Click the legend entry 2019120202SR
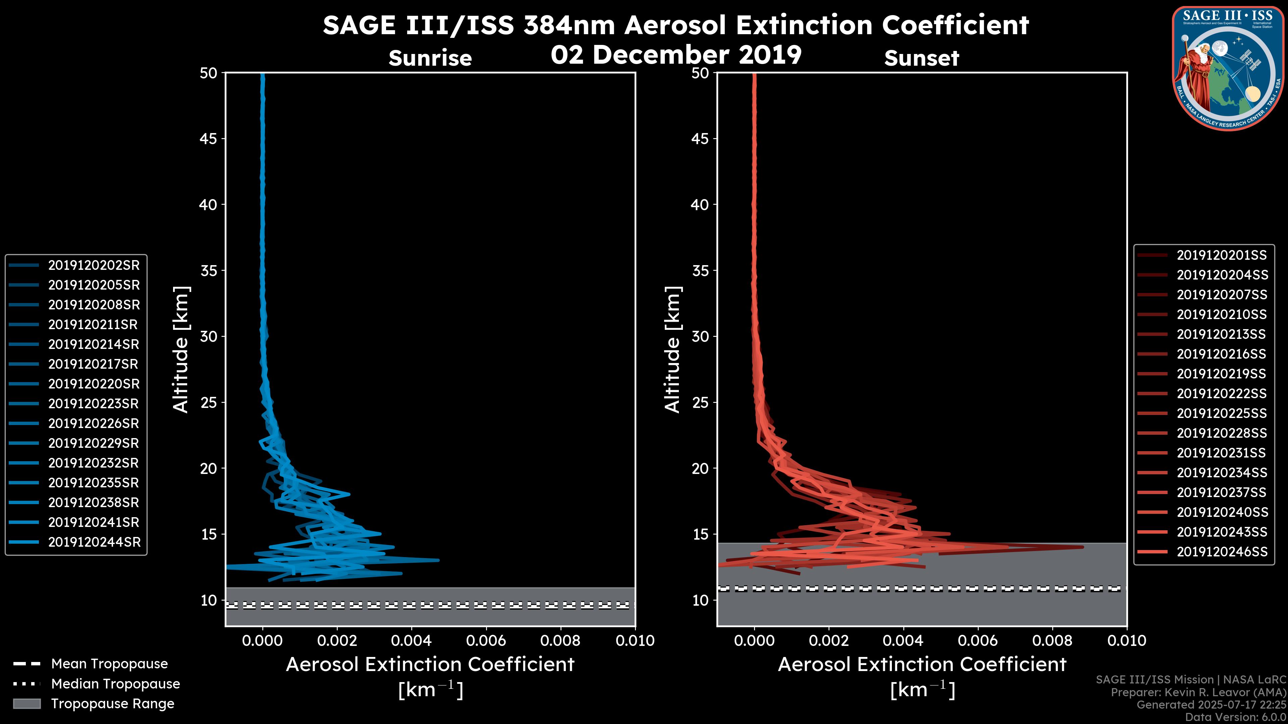pyautogui.click(x=94, y=265)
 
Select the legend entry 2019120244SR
pyautogui.click(x=94, y=542)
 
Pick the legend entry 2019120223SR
pyautogui.click(x=94, y=404)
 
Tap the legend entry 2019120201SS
pyautogui.click(x=1222, y=255)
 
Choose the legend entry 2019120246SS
pyautogui.click(x=1222, y=552)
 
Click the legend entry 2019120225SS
pyautogui.click(x=1222, y=414)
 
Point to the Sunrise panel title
pyautogui.click(x=430, y=58)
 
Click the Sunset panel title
pyautogui.click(x=921, y=58)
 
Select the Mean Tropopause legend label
pyautogui.click(x=109, y=664)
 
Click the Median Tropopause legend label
pyautogui.click(x=115, y=684)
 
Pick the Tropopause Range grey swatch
pyautogui.click(x=27, y=704)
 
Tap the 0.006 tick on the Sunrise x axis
pyautogui.click(x=486, y=641)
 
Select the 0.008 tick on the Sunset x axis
pyautogui.click(x=1053, y=641)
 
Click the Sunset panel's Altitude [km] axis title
pyautogui.click(x=673, y=350)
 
